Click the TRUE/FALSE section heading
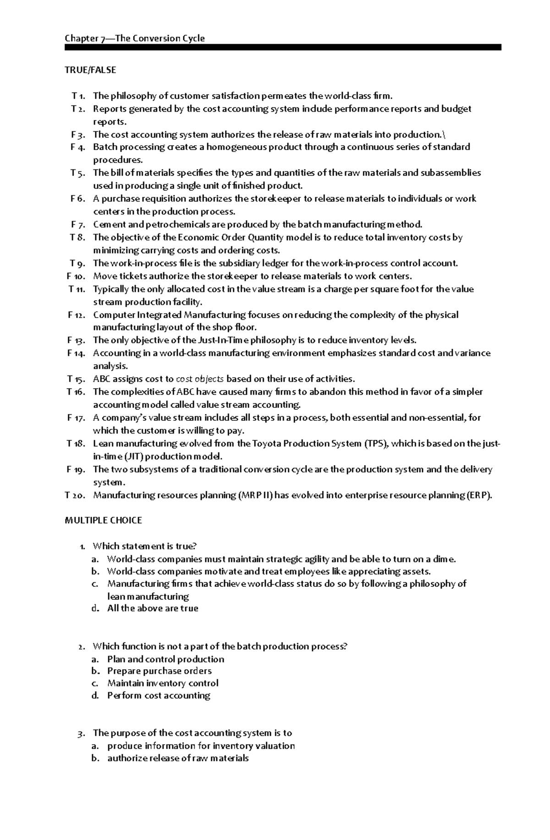[x=90, y=70]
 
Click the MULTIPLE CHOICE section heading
[x=104, y=520]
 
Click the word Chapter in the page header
[x=80, y=38]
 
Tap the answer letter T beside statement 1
[x=74, y=96]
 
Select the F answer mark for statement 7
[x=73, y=224]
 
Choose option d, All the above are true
[x=153, y=608]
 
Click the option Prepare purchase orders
[x=159, y=671]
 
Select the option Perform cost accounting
[x=159, y=696]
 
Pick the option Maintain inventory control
[x=163, y=683]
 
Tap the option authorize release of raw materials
[x=178, y=758]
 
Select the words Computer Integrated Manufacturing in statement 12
[x=170, y=315]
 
